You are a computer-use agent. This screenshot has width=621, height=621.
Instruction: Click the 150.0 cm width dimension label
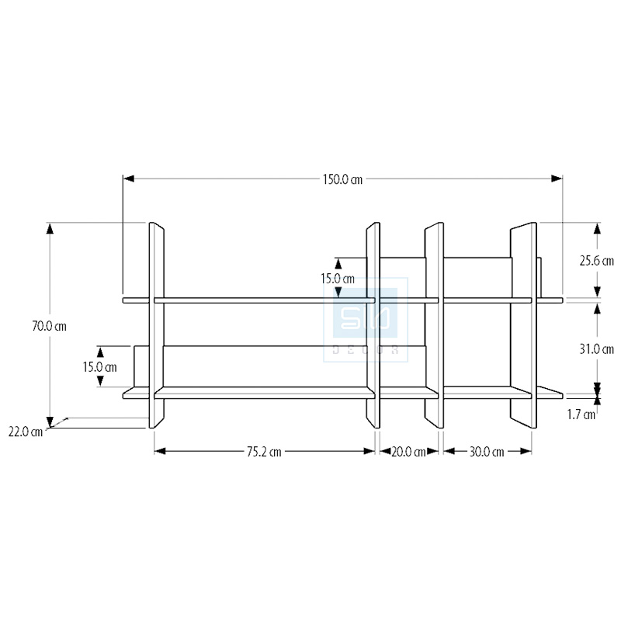tap(342, 179)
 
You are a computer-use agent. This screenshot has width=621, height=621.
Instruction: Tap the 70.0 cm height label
tap(49, 326)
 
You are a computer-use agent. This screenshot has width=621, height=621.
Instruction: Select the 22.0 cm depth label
tap(26, 432)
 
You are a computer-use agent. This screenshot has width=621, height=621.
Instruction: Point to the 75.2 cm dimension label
tap(264, 452)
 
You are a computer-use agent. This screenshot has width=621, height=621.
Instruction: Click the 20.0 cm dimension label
tap(409, 452)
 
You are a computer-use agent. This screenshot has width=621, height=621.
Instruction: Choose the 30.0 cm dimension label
tap(487, 452)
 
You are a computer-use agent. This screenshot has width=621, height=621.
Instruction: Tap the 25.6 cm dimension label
tap(596, 261)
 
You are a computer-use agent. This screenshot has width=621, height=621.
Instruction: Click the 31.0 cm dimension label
tap(596, 349)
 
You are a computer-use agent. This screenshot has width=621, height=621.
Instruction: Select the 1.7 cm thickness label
tap(581, 415)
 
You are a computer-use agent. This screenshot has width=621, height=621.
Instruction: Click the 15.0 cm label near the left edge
tap(100, 367)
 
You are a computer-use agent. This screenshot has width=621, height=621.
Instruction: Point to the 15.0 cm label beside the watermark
tap(338, 279)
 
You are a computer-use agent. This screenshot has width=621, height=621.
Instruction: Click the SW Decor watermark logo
tap(366, 320)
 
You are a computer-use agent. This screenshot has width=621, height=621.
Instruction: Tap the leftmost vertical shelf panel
tap(157, 325)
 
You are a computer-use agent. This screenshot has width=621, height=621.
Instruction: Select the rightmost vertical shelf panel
tap(523, 325)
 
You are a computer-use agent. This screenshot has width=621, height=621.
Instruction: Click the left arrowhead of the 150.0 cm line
tap(128, 179)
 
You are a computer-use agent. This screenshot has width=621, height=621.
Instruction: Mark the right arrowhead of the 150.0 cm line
tap(557, 179)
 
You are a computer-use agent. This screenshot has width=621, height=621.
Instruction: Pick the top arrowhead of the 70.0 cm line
tap(50, 229)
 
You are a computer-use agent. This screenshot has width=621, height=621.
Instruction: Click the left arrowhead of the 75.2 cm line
tap(160, 451)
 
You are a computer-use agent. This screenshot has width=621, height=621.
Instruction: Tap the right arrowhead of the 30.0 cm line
tap(526, 451)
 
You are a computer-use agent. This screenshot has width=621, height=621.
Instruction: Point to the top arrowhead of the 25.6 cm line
tap(597, 228)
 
